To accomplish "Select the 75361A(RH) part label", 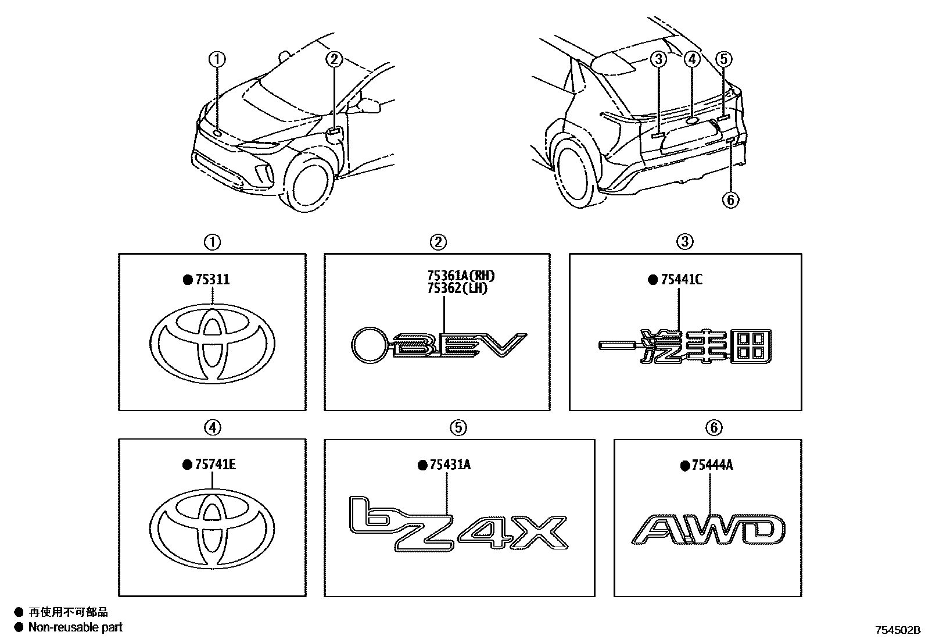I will (462, 276).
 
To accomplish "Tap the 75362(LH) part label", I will (458, 288).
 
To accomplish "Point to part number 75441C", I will (682, 280).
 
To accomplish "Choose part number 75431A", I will (450, 465).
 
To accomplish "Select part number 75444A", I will (712, 465).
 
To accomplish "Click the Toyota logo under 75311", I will (212, 344).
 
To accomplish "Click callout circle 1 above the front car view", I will (217, 59).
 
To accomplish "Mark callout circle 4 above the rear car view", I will (692, 59).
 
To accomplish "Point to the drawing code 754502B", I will (898, 630).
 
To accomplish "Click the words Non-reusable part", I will (76, 627).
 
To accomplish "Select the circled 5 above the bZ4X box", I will (458, 427).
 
